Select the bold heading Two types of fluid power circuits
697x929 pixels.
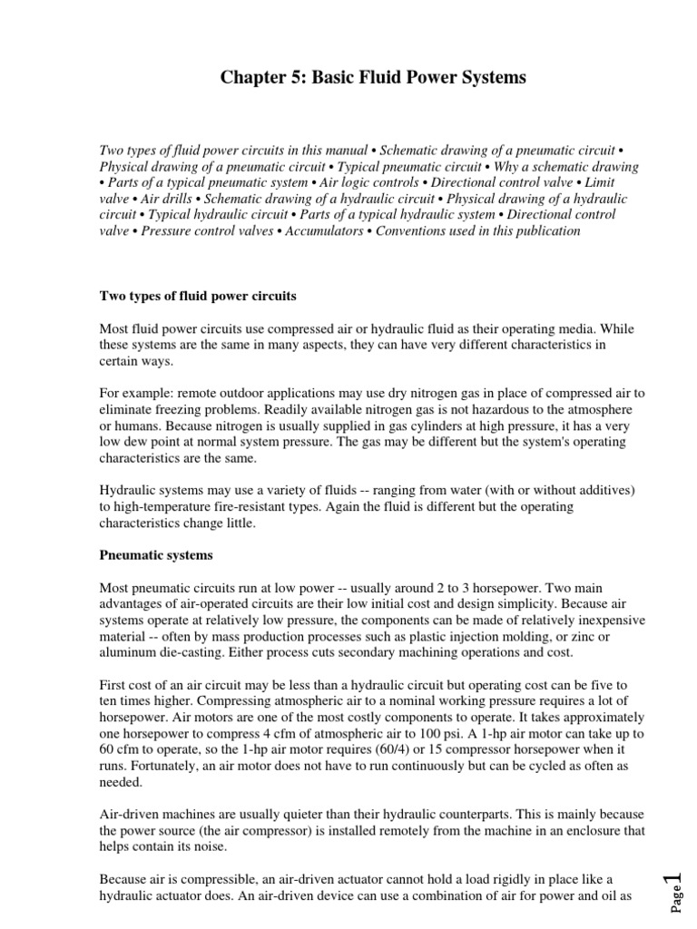197,296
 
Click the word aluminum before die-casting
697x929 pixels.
128,652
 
